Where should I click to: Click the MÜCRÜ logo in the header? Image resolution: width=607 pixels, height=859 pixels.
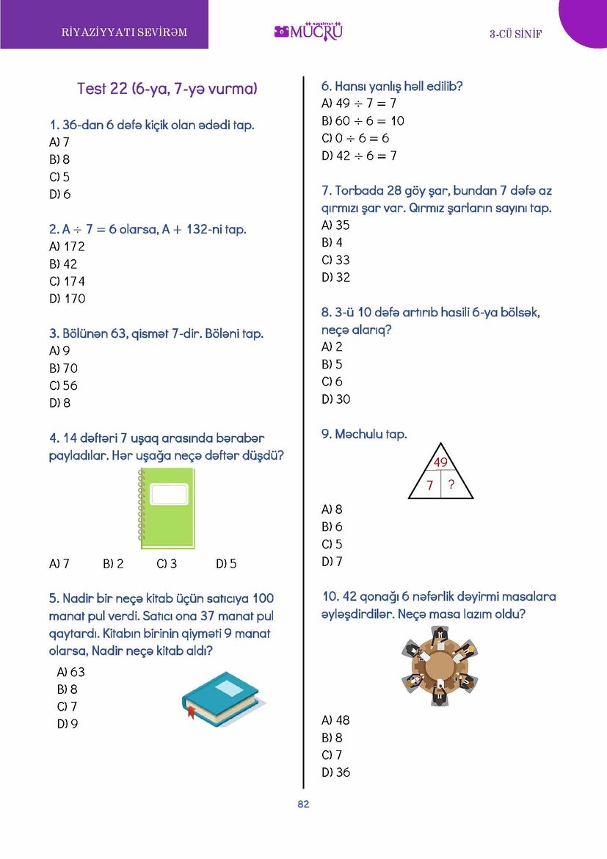tap(309, 32)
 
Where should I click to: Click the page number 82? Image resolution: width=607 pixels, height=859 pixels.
tap(303, 804)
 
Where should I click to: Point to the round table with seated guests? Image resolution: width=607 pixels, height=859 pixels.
tap(440, 667)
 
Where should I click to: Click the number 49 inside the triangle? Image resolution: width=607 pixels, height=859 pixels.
tap(440, 463)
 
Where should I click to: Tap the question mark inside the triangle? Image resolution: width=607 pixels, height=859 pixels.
tap(451, 485)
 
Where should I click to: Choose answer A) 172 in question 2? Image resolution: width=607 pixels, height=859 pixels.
tap(67, 247)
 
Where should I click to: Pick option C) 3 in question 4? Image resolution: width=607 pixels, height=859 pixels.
tap(167, 564)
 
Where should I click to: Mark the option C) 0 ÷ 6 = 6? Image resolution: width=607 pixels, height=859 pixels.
tap(355, 138)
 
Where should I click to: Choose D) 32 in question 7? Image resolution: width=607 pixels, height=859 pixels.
tap(335, 278)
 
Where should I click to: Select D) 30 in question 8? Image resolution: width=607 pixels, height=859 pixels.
tap(335, 399)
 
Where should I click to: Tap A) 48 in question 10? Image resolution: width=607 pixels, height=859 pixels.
tap(335, 720)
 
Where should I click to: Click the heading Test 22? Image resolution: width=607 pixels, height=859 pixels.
tap(167, 89)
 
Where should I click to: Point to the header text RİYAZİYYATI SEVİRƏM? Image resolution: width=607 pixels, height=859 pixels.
tap(125, 32)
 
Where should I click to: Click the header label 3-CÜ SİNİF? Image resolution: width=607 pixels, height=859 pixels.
tap(515, 35)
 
